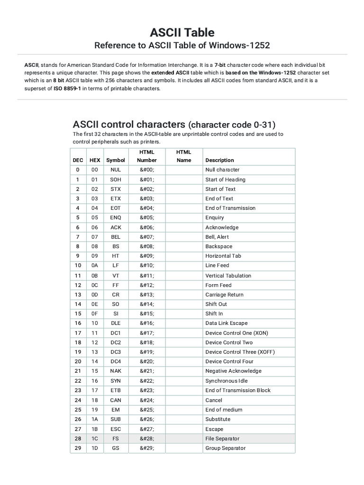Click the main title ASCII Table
point(182,32)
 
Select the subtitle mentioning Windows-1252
point(182,45)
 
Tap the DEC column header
point(77,160)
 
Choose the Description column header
point(219,160)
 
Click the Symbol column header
point(116,160)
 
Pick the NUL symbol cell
point(116,170)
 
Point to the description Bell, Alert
point(217,237)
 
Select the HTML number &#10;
point(146,266)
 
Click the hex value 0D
point(94,295)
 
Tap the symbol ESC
point(116,429)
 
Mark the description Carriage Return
point(224,295)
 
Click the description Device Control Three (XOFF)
point(240,352)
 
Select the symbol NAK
point(116,371)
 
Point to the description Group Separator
point(226,448)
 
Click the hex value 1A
point(94,419)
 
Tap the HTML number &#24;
point(146,400)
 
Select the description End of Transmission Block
point(238,390)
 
